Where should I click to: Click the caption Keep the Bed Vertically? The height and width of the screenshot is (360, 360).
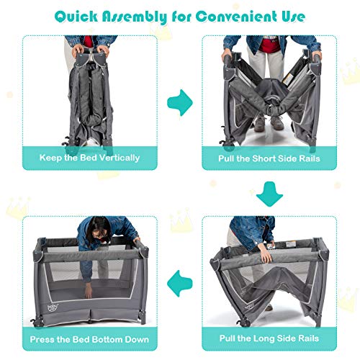point(90,157)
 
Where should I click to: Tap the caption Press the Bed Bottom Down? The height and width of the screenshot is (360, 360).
point(90,338)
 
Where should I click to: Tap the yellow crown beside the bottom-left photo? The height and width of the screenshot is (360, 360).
point(17,209)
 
